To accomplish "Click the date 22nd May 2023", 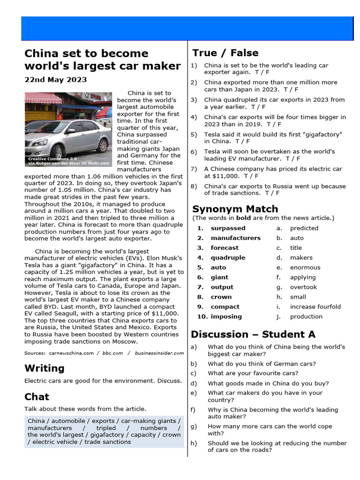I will (x=55, y=80).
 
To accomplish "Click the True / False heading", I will (x=225, y=53).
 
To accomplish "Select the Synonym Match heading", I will (x=235, y=209).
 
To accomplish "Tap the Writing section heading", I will (x=45, y=368).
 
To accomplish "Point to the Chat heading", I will (x=37, y=397).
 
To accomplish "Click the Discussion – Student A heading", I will (x=253, y=334).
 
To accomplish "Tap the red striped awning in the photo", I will (x=43, y=98).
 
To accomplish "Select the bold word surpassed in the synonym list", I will (x=228, y=228).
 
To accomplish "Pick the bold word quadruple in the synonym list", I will (x=228, y=258).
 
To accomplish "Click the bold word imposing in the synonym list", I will (x=226, y=316).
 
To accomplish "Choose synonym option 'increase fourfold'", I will (x=315, y=307).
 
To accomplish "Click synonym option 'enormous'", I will (x=305, y=268).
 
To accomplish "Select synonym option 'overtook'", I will (x=303, y=287).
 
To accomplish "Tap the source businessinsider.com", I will (x=159, y=353).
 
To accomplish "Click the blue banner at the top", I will (x=187, y=28).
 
